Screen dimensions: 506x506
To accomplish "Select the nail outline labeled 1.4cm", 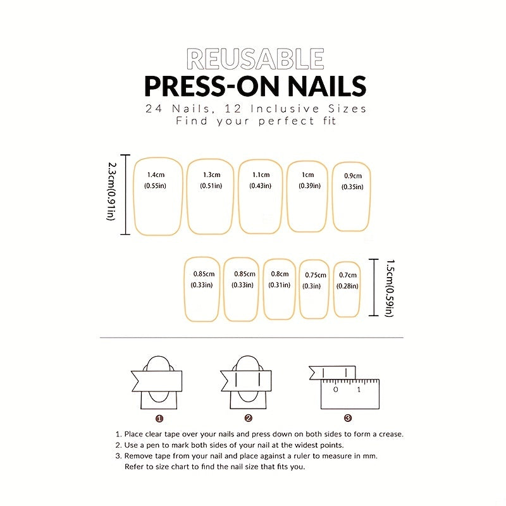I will pos(157,197).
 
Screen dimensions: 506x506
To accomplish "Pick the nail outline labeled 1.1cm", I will pos(260,196).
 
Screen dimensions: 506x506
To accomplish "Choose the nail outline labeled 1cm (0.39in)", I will pos(307,196).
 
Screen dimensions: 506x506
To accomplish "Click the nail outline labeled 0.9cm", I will pos(352,196).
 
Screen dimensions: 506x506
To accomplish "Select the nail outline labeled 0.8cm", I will pos(279,288).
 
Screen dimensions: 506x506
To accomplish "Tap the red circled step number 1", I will pos(159,417).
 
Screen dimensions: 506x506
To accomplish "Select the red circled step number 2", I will pos(249,417).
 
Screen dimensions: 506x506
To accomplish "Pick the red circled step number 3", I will pos(347,417).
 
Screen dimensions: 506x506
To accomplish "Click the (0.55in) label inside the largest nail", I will pos(155,186).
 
